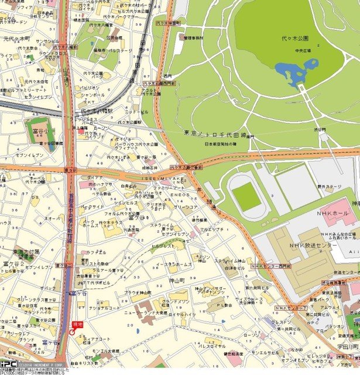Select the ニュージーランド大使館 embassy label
144,313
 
